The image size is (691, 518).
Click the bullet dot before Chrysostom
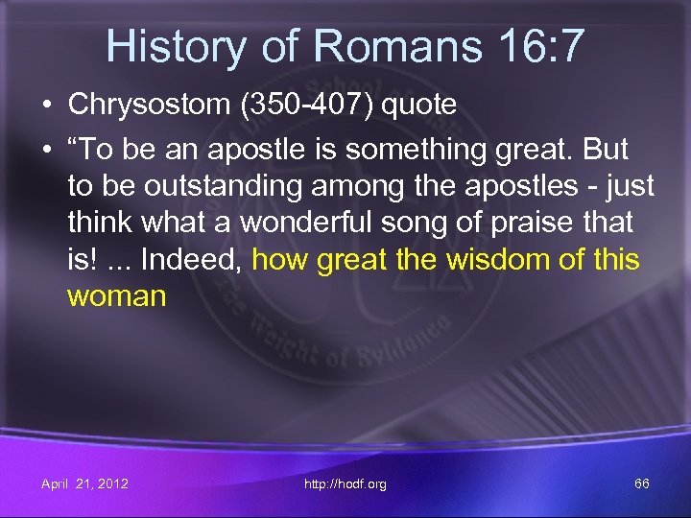46,104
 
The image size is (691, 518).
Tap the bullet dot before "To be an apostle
46,150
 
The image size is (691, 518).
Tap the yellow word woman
116,295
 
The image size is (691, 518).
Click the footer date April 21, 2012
84,483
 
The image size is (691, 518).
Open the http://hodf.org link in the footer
345,483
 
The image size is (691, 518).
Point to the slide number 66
642,483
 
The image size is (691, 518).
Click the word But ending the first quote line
602,150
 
